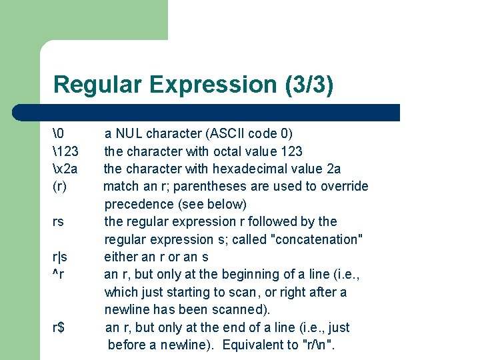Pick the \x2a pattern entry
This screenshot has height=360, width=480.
pos(67,169)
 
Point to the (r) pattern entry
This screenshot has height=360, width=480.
pos(59,186)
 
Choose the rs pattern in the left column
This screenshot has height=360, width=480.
pos(58,221)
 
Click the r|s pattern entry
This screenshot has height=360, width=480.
pos(60,257)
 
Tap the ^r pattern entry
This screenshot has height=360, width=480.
pos(58,274)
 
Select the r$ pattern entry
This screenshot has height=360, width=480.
pos(59,327)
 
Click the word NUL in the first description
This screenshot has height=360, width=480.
pos(129,133)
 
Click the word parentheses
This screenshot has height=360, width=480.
pos(217,186)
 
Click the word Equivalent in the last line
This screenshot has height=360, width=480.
pos(253,345)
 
